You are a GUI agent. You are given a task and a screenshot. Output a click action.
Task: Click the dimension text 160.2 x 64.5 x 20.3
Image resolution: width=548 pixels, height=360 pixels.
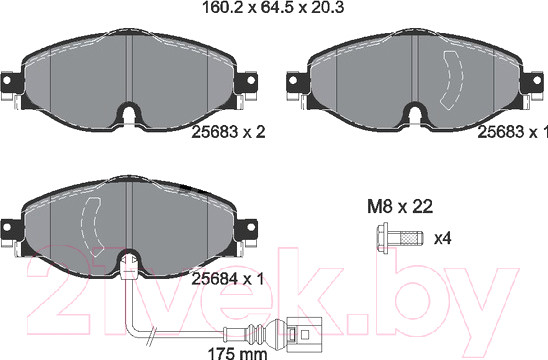point(273,7)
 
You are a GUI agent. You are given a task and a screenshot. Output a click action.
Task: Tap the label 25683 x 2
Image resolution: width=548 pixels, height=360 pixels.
point(228,132)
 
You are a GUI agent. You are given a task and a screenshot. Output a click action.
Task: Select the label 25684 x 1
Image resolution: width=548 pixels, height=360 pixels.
point(228,279)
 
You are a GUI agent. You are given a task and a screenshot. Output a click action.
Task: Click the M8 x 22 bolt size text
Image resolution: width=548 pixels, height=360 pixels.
point(400,207)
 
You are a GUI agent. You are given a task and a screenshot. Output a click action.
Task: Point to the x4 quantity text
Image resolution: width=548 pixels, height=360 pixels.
point(442,239)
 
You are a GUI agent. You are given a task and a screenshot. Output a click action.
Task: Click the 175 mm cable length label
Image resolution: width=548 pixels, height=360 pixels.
point(237,353)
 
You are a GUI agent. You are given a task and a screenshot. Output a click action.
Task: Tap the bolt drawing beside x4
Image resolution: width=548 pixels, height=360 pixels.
point(400,238)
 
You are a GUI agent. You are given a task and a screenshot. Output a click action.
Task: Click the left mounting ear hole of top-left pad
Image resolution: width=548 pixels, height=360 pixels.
point(6,80)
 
